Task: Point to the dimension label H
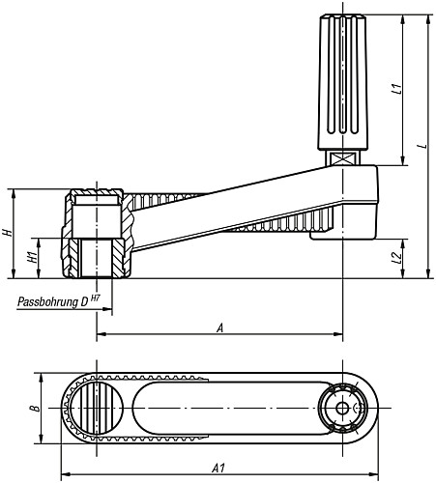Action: click(x=8, y=234)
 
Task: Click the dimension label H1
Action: click(x=31, y=257)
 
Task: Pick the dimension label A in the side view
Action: click(x=220, y=327)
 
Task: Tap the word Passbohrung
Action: click(x=48, y=301)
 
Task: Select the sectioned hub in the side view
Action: click(x=96, y=235)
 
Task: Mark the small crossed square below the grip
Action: click(x=343, y=157)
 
